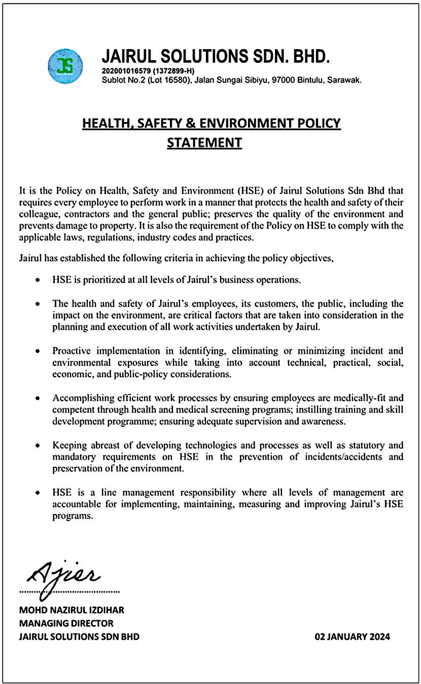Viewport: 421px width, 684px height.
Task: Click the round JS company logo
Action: click(x=65, y=66)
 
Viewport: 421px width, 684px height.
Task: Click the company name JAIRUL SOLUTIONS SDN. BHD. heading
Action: click(x=216, y=56)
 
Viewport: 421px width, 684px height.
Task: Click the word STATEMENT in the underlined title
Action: click(x=204, y=143)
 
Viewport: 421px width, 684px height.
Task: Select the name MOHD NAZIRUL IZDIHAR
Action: click(x=72, y=610)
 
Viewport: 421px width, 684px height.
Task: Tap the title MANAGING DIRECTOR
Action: click(x=66, y=623)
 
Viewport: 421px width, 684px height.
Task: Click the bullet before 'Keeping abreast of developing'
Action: click(x=38, y=446)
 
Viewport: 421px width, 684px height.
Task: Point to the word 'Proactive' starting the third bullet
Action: click(x=73, y=350)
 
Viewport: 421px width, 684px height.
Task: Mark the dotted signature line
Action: click(x=69, y=591)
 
